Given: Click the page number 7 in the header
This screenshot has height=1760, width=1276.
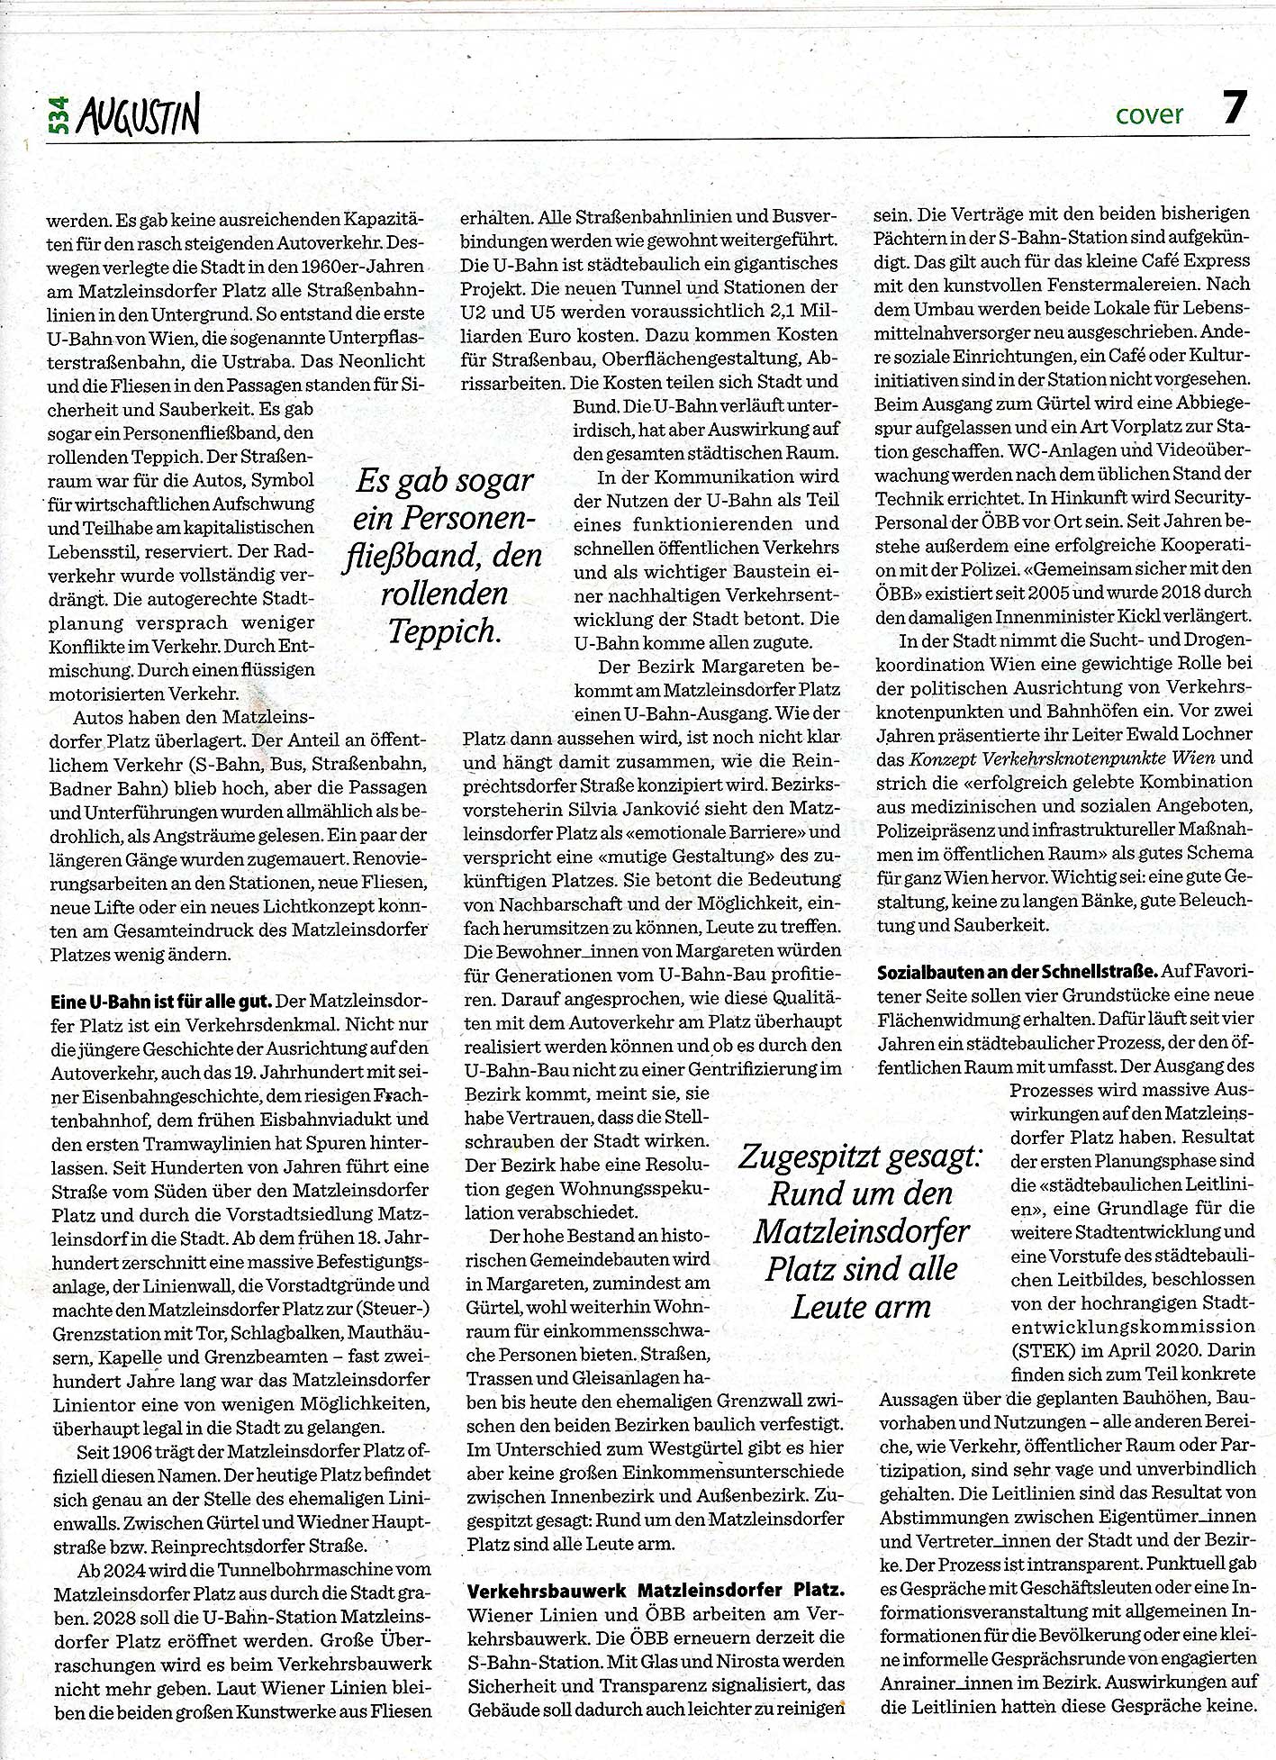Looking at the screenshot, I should [x=1234, y=108].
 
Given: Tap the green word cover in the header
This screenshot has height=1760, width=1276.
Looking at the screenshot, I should [x=1149, y=115].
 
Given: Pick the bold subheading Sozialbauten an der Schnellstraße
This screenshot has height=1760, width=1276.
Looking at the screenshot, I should [x=1017, y=971].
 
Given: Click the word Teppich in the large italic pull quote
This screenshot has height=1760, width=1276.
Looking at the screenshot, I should [x=444, y=631].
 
